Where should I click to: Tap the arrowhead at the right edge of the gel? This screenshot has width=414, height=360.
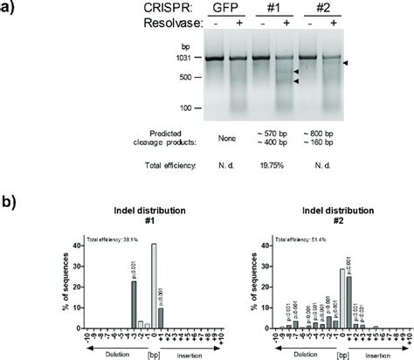[x=346, y=64]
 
